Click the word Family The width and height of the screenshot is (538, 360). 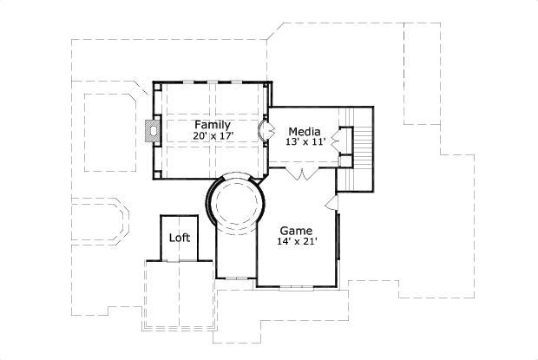[x=212, y=124]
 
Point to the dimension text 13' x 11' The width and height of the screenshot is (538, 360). [x=305, y=142]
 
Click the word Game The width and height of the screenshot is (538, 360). [x=296, y=232]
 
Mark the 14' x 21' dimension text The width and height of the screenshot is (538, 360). [x=296, y=243]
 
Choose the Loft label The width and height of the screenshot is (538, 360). [x=179, y=238]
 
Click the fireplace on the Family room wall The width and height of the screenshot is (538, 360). [x=152, y=131]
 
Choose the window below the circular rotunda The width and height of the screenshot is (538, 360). [x=235, y=278]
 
